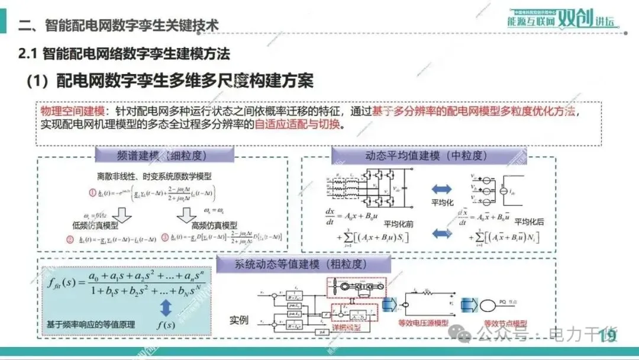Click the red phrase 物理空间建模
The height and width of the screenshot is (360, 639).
72,112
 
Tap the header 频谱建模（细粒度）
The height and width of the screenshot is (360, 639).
162,156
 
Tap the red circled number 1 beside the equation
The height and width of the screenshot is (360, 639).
92,192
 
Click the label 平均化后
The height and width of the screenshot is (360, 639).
528,221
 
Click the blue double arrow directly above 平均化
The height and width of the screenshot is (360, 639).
441,189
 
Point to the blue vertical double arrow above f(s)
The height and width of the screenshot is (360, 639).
166,307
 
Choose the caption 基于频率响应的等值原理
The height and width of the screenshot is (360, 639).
91,324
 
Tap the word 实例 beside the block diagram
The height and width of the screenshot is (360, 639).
239,320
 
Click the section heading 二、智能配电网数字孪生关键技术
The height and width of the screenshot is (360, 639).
119,25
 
